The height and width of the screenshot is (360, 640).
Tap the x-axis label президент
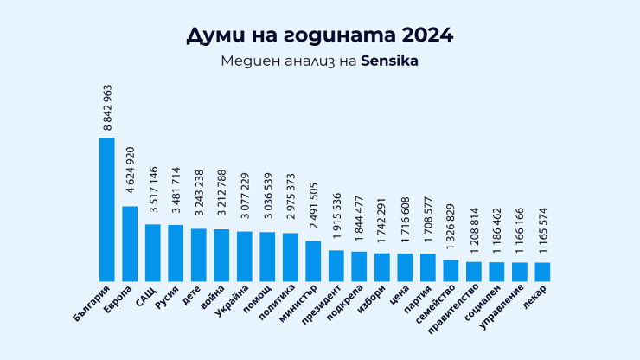322,305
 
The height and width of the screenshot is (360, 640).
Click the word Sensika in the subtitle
389,62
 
